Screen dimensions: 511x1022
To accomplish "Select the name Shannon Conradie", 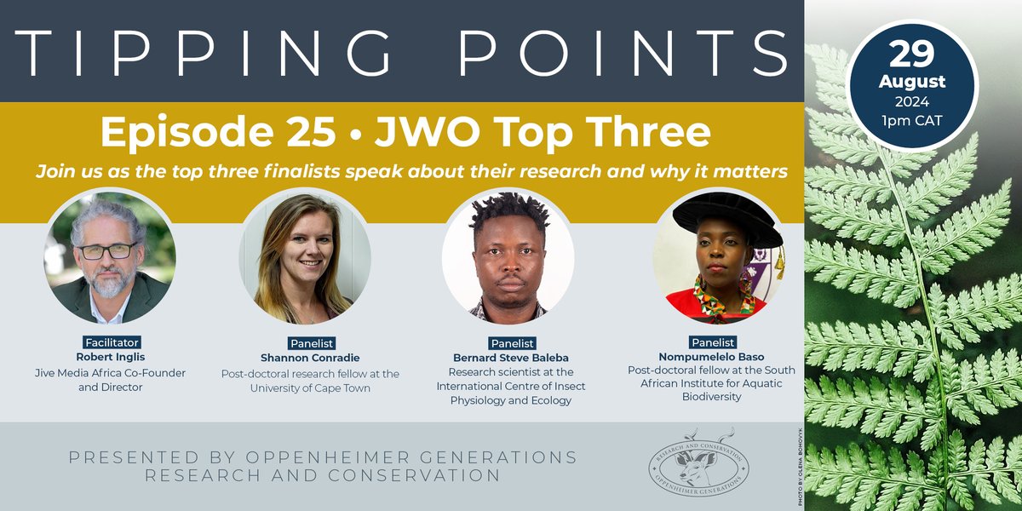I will point(303,358).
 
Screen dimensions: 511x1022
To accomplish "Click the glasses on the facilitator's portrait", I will point(106,250).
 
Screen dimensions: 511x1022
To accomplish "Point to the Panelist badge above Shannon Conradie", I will point(303,343).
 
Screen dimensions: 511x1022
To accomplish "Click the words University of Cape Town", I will point(303,388).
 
